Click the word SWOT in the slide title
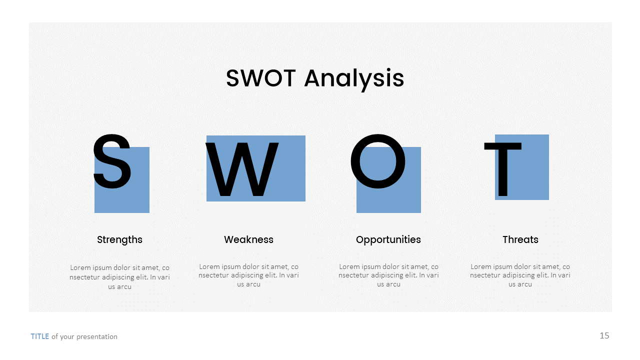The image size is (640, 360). coord(261,78)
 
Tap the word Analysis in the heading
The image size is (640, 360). coord(354,79)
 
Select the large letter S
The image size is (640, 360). coord(112,161)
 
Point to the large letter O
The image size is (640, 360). coord(377,161)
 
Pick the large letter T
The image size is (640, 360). coord(502,169)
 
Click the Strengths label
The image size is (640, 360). coord(119,239)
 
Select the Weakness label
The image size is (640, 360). coord(248,239)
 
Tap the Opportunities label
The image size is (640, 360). coord(388,239)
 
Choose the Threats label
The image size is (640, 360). coord(520,239)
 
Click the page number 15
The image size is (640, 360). coord(604,335)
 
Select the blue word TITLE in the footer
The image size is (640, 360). coord(40,336)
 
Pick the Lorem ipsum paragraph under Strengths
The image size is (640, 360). coord(119,277)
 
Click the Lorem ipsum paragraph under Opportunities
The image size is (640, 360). coord(388,275)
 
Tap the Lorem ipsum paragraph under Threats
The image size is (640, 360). coord(520,275)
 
